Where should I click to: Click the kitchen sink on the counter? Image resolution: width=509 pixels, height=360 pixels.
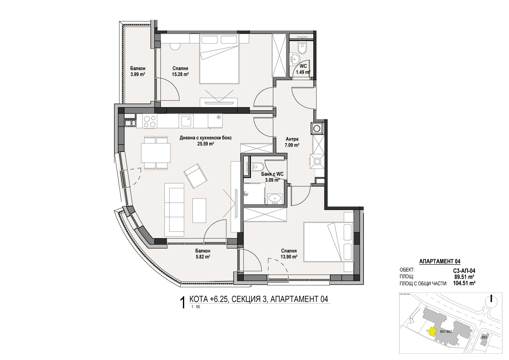[x=185, y=121]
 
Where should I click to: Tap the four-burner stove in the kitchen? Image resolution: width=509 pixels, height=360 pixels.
[x=150, y=121]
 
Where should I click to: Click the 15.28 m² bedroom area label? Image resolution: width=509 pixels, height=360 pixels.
[x=180, y=71]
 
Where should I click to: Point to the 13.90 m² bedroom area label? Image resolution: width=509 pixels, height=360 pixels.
[x=289, y=254]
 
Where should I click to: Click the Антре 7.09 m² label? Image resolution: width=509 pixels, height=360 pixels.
[x=292, y=142]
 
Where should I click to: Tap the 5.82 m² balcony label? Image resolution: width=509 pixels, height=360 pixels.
[x=202, y=254]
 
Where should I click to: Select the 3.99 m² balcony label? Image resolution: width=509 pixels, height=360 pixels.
[x=137, y=71]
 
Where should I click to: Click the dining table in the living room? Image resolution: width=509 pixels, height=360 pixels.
[x=156, y=153]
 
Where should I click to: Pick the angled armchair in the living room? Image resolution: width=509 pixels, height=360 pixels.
[x=195, y=175]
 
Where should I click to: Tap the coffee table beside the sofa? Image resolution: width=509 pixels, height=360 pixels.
[x=199, y=210]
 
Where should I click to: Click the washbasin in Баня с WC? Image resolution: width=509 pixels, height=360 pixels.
[x=274, y=199]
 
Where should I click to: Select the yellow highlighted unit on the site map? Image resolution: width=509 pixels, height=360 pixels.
[x=432, y=332]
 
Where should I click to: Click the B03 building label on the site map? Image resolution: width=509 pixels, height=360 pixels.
[x=484, y=337]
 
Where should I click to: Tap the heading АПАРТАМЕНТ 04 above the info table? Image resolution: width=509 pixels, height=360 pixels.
[x=440, y=262]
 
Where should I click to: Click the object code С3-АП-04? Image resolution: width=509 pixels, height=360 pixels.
[x=464, y=271]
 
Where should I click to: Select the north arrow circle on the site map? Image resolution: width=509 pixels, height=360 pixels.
[x=492, y=300]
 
